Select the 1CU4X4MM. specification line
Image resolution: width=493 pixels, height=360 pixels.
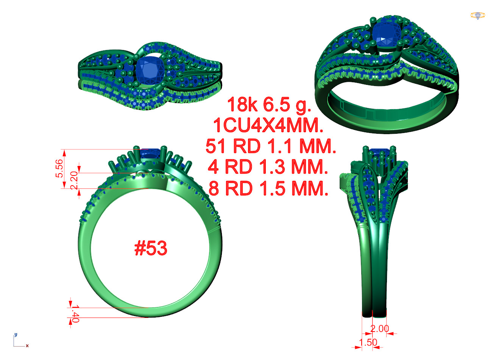[268, 125]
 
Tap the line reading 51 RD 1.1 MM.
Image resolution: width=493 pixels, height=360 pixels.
[271, 146]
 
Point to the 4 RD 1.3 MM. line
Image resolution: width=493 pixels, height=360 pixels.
[268, 167]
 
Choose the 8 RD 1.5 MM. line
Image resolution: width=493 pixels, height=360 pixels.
[268, 188]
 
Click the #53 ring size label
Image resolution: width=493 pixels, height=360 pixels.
[151, 248]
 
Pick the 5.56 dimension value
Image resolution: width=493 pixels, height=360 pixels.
[59, 169]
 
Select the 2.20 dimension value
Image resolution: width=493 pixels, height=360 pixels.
[74, 180]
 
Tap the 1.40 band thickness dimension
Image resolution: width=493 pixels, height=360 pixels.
[75, 313]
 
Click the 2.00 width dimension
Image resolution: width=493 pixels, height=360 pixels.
[380, 329]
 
